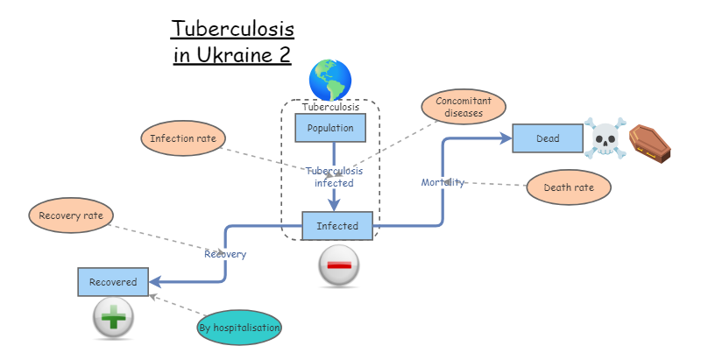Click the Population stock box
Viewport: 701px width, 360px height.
pyautogui.click(x=329, y=129)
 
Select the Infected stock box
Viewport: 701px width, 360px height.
pyautogui.click(x=337, y=226)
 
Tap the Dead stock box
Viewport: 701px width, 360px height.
pyautogui.click(x=548, y=138)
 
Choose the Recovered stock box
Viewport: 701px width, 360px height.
pyautogui.click(x=113, y=282)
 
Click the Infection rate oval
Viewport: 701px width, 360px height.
pyautogui.click(x=183, y=138)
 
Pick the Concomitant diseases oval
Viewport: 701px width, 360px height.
pyautogui.click(x=464, y=107)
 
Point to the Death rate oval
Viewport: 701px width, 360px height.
pyautogui.click(x=568, y=187)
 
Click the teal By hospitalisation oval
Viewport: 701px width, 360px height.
pyautogui.click(x=239, y=328)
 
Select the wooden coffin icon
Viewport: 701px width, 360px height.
pyautogui.click(x=651, y=143)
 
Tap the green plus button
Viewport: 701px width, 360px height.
pyautogui.click(x=114, y=318)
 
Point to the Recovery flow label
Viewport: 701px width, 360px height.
pyautogui.click(x=225, y=254)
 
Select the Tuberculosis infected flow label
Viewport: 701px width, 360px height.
pyautogui.click(x=334, y=177)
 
